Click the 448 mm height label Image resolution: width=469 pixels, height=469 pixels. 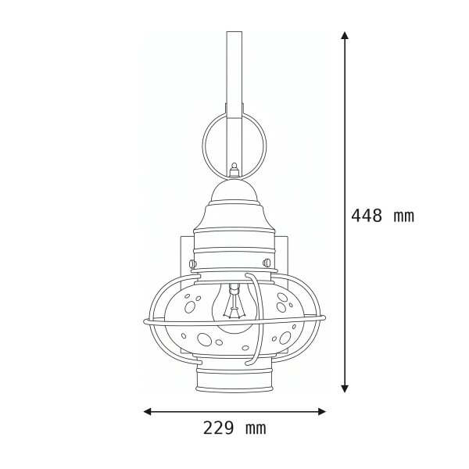tap(382, 216)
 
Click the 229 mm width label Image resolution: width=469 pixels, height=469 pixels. tap(234, 428)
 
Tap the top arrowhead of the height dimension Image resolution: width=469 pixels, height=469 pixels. tap(345, 35)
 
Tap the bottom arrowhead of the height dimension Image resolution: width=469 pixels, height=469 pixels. tap(345, 388)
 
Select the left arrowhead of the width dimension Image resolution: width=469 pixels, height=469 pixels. tap(148, 412)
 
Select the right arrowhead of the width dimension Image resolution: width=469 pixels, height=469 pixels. tap(322, 412)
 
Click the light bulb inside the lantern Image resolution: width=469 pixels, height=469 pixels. tap(234, 308)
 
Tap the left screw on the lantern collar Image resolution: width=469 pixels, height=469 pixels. tap(193, 263)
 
